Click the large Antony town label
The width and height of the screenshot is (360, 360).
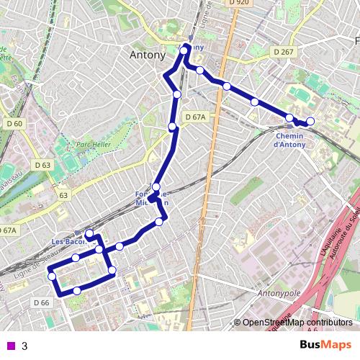[x=148, y=55]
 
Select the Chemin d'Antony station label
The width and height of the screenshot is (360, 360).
[x=289, y=140]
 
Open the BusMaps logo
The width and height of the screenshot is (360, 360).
[x=325, y=346]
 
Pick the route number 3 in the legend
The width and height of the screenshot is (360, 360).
[x=24, y=346]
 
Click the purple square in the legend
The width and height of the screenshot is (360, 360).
[x=9, y=346]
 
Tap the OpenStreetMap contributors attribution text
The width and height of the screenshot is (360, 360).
[x=297, y=323]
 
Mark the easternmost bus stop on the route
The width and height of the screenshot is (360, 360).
[x=310, y=121]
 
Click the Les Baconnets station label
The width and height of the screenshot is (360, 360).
[x=68, y=240]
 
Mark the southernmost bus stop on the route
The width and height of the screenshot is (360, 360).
[x=76, y=291]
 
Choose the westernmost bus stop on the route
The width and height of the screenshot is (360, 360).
[x=52, y=276]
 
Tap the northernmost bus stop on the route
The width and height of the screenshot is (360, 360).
[x=184, y=50]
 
